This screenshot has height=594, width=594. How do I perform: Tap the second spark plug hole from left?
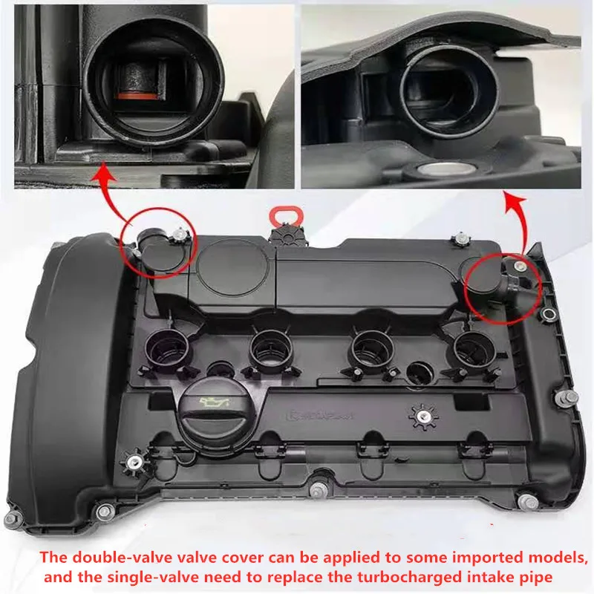[268, 345]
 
